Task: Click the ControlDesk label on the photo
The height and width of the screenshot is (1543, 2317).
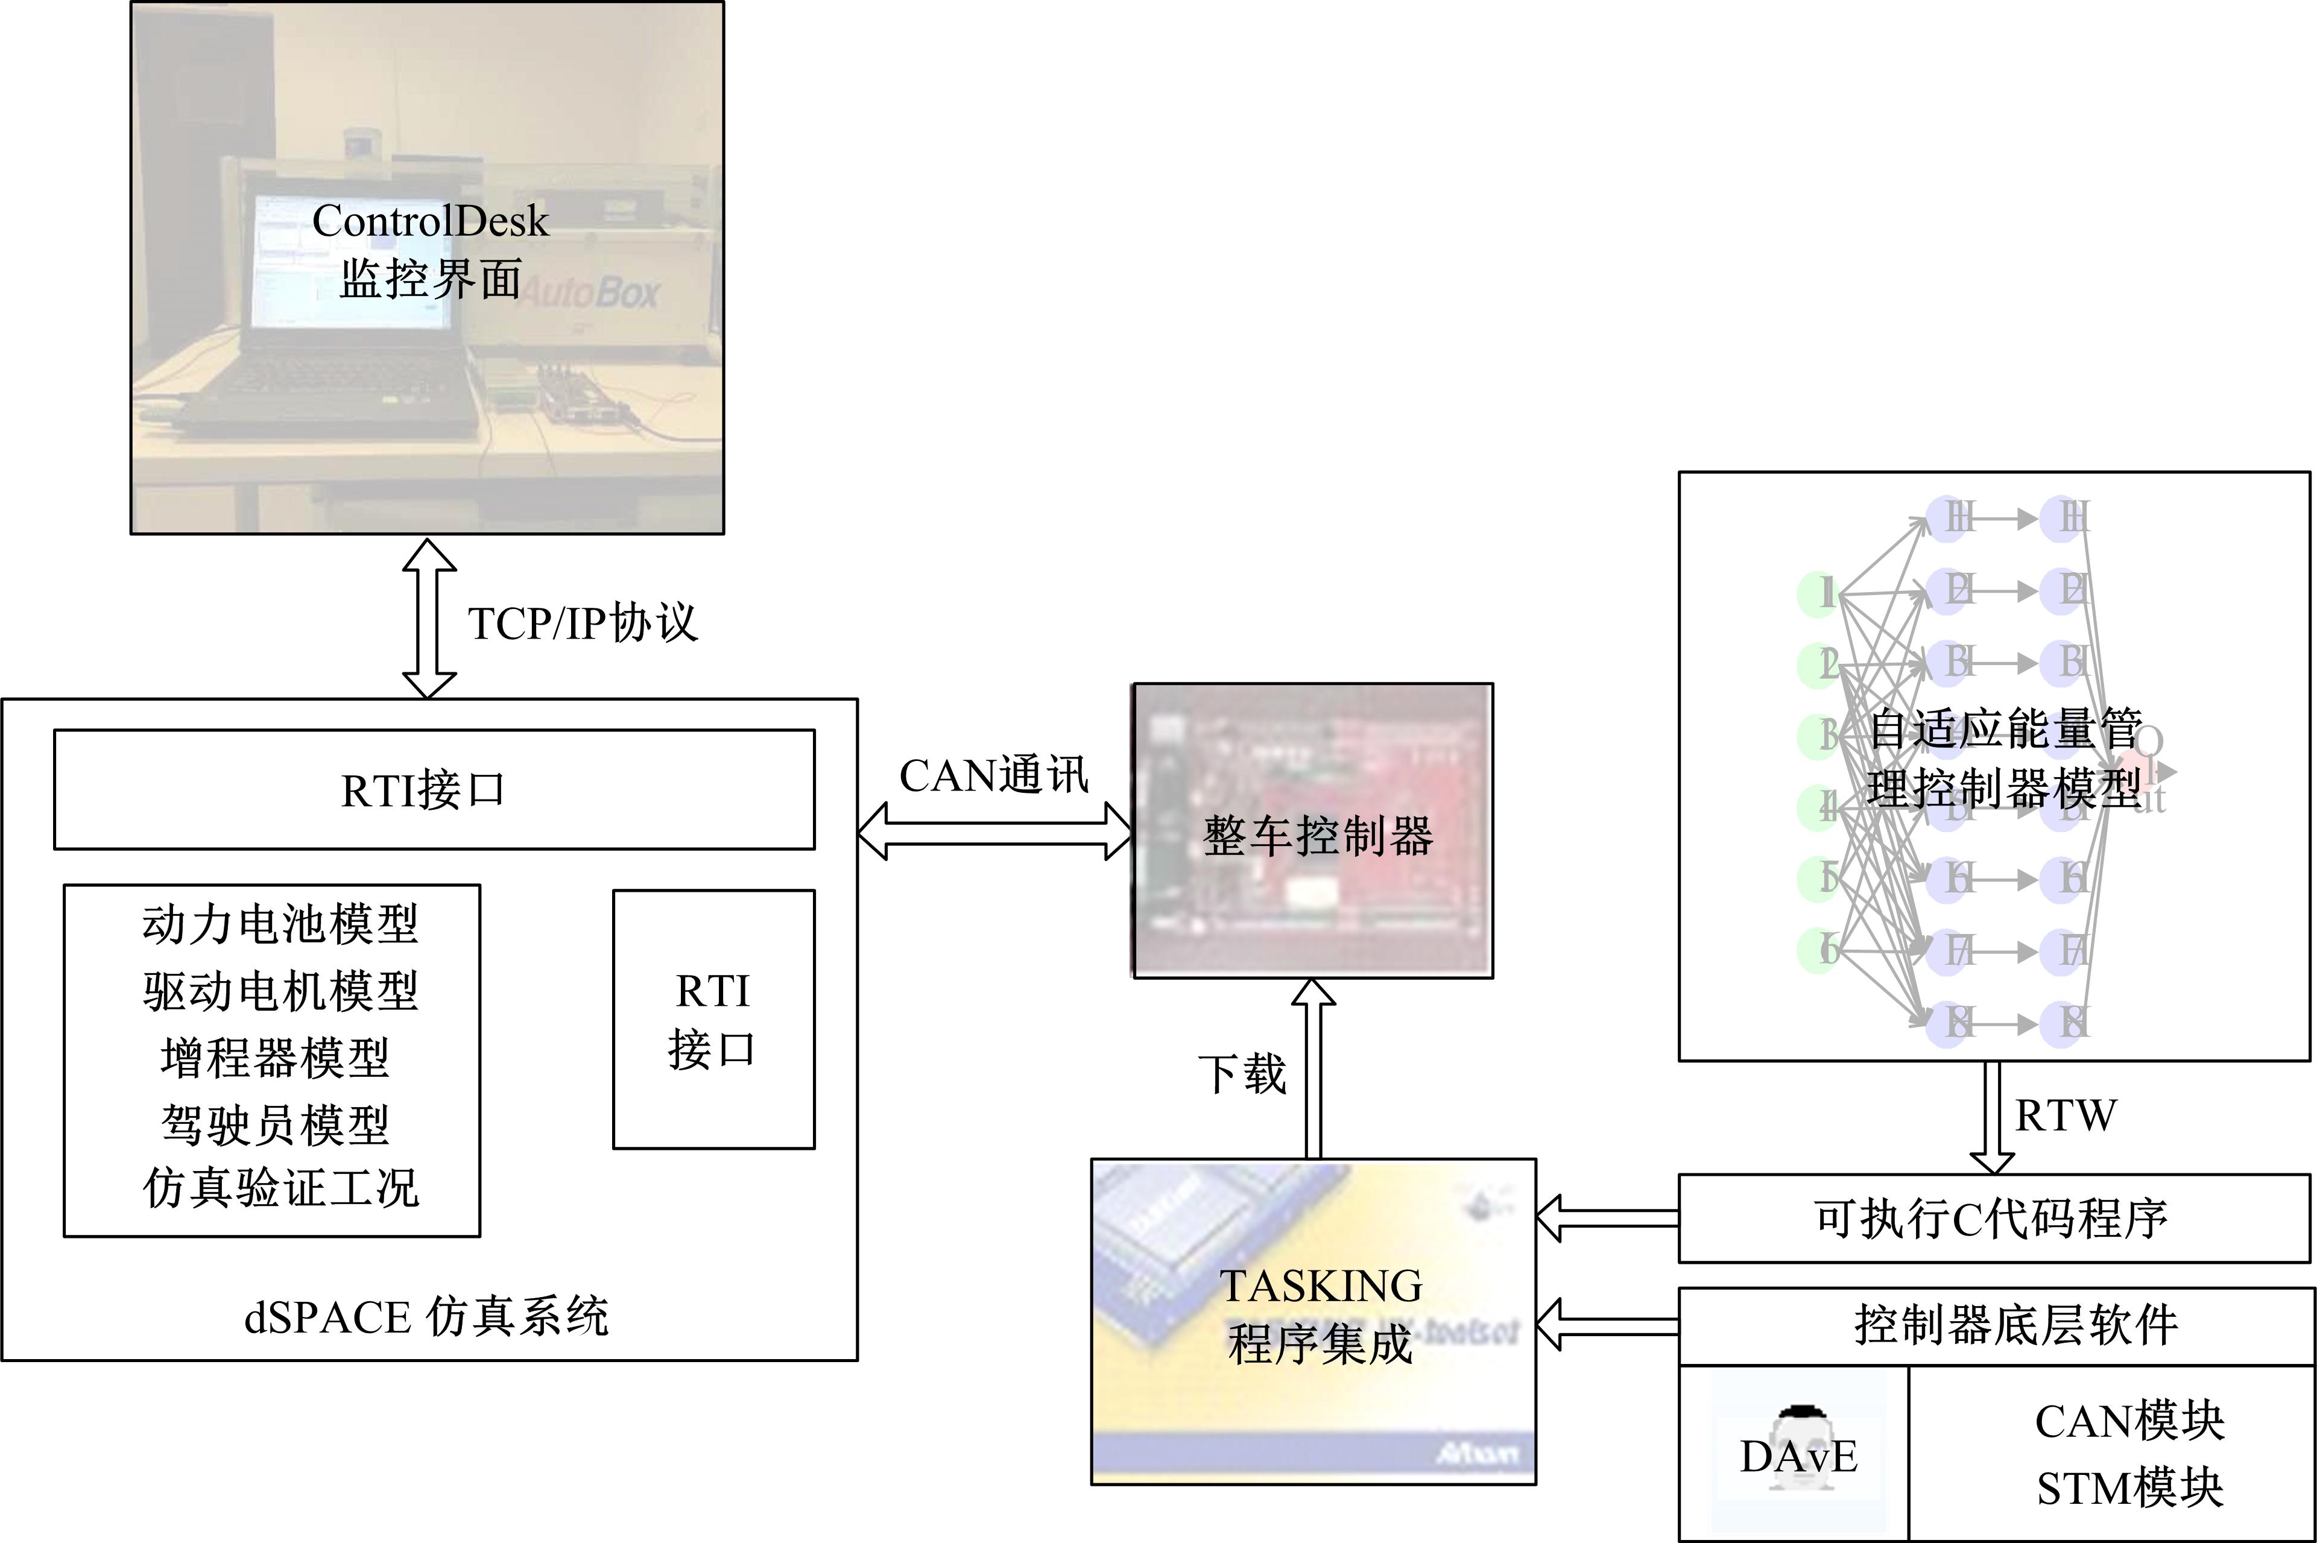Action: click(430, 221)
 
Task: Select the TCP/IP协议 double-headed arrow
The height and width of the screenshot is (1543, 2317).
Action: click(429, 618)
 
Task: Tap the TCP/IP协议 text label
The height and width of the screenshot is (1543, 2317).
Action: click(583, 623)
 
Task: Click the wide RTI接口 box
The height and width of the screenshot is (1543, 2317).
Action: click(434, 789)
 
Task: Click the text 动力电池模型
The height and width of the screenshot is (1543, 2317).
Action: click(280, 924)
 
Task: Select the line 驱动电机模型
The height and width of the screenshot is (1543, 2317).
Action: click(280, 991)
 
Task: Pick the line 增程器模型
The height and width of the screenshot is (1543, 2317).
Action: click(276, 1058)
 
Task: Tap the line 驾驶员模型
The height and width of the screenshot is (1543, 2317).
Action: click(276, 1124)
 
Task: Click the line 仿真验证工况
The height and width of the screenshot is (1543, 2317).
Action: click(280, 1188)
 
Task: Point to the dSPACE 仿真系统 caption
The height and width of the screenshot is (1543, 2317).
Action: click(426, 1317)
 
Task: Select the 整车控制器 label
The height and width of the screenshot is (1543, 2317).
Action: click(1317, 836)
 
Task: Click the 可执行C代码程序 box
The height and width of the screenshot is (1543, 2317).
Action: click(1993, 1218)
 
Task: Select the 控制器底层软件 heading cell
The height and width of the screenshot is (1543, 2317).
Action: click(2015, 1325)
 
